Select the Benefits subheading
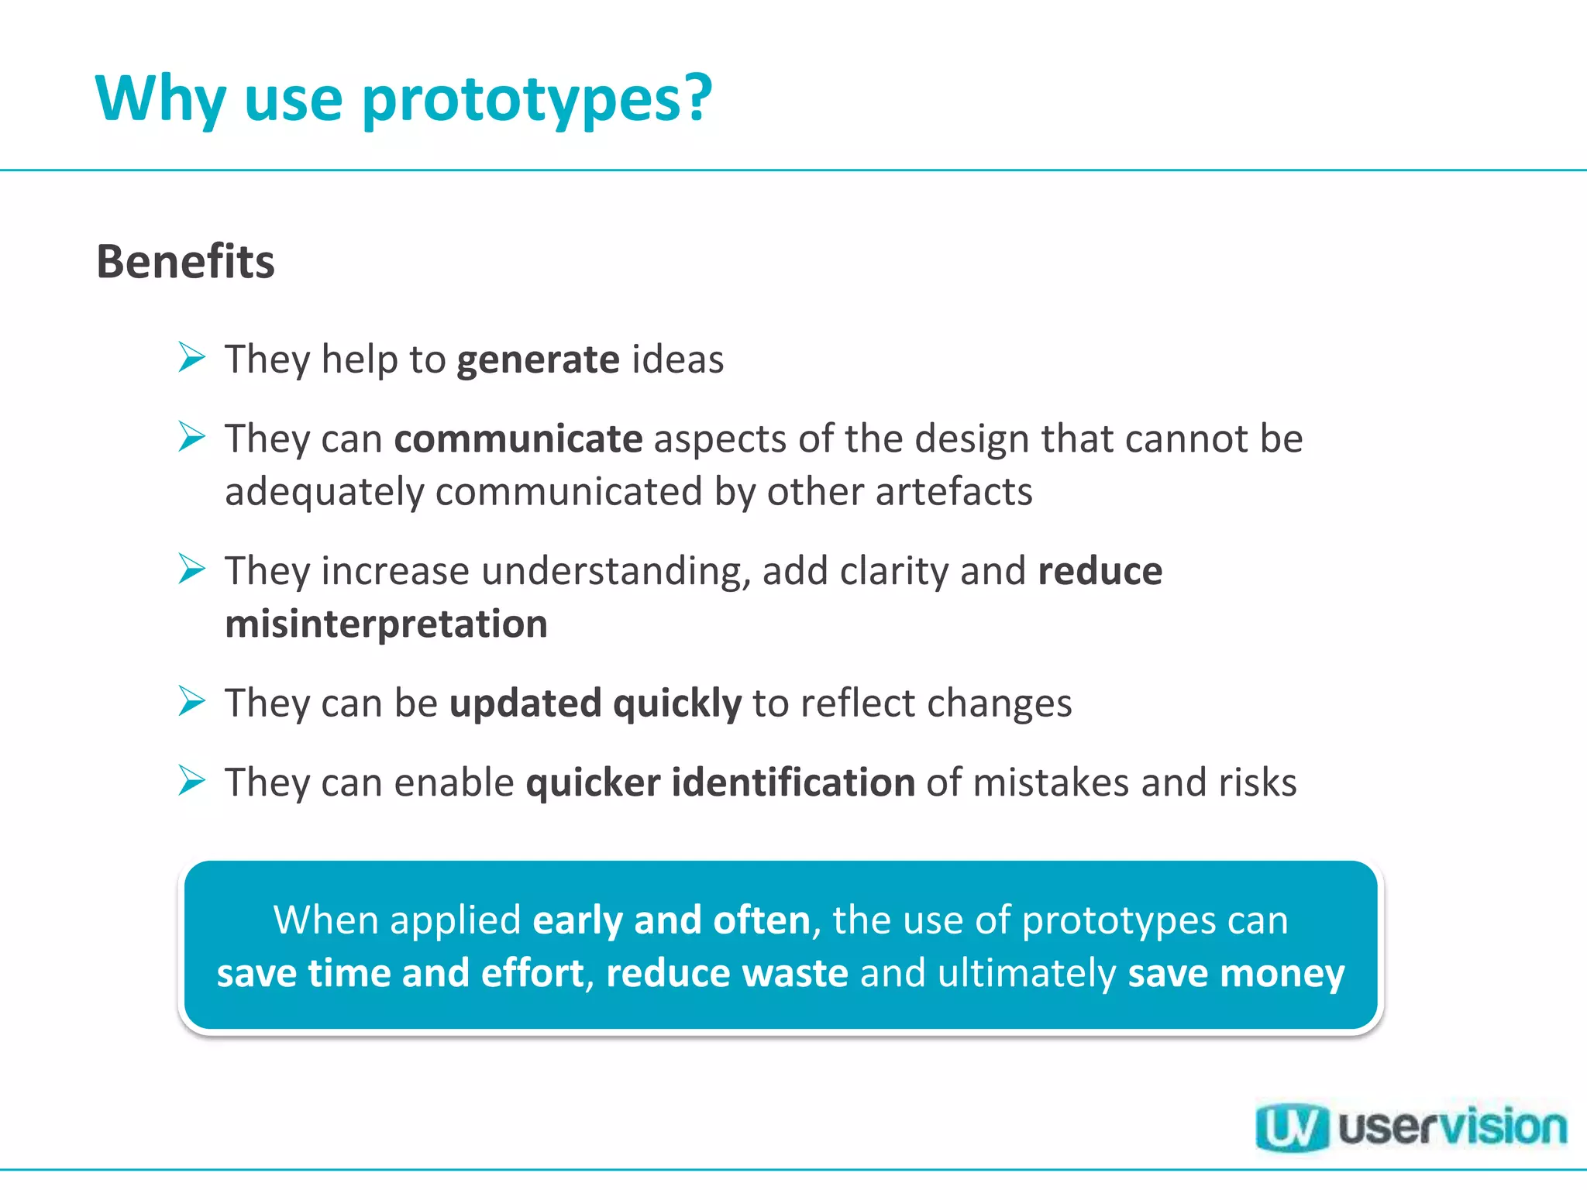(185, 262)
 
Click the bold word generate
(538, 360)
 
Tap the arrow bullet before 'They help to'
(191, 358)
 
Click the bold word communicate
(518, 439)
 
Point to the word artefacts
(954, 492)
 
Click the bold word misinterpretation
(386, 624)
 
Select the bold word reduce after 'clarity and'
(1100, 572)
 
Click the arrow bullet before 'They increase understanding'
(191, 569)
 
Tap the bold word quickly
(676, 704)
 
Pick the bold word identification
(793, 782)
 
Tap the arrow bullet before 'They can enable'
(191, 780)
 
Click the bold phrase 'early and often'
(671, 920)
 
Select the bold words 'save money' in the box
(1236, 973)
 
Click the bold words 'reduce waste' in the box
(727, 973)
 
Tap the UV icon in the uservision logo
(1291, 1128)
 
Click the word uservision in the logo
(1452, 1128)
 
